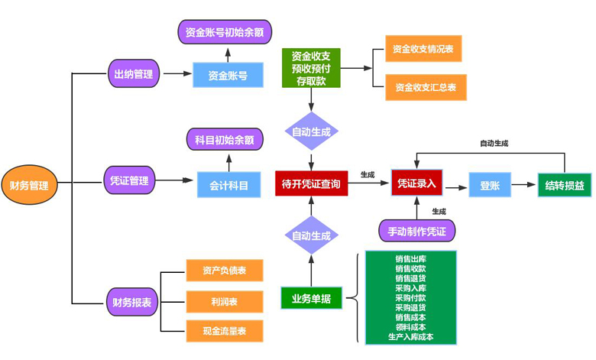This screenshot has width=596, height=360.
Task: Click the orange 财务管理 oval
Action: coord(29,186)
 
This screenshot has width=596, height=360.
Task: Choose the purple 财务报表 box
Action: coord(131,302)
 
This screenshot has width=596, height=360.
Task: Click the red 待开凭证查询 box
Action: coord(311,183)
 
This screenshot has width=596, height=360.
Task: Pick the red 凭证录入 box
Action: coord(416,183)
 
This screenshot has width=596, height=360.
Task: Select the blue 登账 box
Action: coord(489,185)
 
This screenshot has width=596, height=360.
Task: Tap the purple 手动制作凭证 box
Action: coord(416,231)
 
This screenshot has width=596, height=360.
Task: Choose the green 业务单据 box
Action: coord(311,299)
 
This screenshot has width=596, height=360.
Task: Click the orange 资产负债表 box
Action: coord(225,271)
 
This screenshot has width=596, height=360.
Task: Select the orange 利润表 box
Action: coord(225,301)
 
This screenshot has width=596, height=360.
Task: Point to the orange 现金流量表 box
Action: coord(225,331)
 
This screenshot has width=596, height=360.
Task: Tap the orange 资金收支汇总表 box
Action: coord(426,87)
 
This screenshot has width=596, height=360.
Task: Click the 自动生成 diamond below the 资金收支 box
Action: coord(311,131)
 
